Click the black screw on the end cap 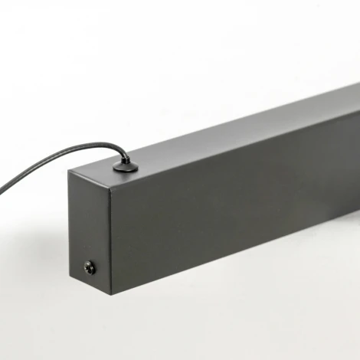pyautogui.click(x=90, y=267)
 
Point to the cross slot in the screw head pyautogui.click(x=90, y=267)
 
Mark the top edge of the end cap pyautogui.click(x=90, y=175)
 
